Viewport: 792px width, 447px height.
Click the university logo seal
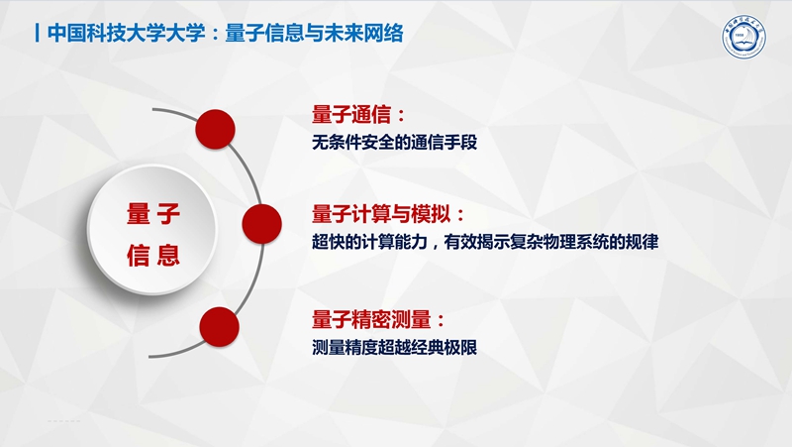coord(743,37)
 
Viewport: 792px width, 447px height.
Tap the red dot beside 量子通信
coord(215,129)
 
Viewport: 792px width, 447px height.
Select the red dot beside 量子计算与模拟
coord(261,224)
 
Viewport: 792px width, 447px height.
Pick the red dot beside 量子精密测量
coord(219,327)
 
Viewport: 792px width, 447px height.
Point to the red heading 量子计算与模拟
coord(381,214)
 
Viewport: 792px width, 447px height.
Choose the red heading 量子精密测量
coord(371,319)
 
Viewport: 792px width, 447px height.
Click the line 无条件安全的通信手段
coord(394,142)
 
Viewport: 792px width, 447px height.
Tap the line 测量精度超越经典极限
coord(394,347)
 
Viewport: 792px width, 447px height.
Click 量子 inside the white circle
coord(153,213)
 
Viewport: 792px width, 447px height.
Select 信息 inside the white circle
coord(153,255)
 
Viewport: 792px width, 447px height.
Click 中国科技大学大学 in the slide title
coord(127,33)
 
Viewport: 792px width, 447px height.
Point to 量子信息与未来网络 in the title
coord(314,33)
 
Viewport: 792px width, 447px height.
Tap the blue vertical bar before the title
coord(37,33)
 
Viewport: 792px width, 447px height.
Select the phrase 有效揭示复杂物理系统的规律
coord(551,242)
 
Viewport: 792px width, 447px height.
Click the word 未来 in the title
coord(344,33)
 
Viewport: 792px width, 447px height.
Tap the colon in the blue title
coord(216,34)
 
